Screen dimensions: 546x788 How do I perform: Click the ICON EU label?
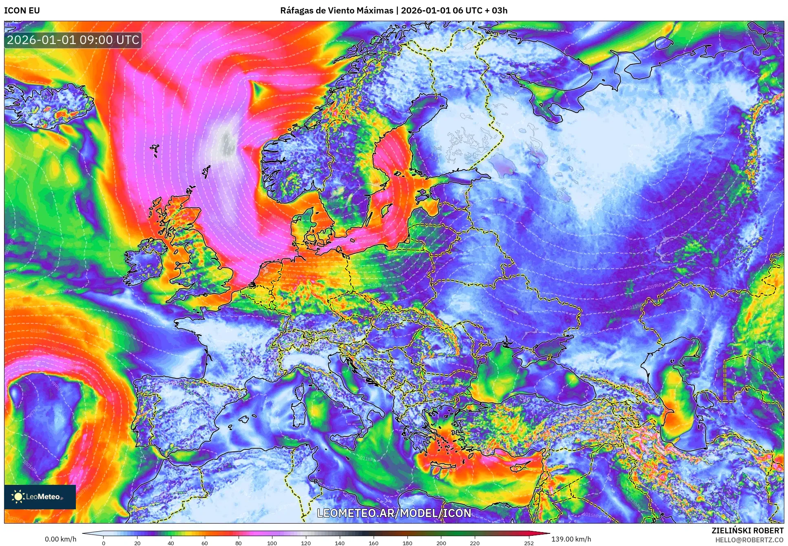(x=22, y=11)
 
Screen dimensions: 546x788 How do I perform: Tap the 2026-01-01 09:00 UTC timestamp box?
(x=73, y=40)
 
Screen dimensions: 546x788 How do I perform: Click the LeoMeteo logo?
(x=40, y=497)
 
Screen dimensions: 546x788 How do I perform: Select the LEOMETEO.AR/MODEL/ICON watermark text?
(x=394, y=513)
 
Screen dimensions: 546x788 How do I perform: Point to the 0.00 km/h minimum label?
(x=60, y=539)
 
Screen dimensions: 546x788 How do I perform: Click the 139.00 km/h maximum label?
(x=571, y=539)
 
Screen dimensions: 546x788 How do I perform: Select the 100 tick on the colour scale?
(x=272, y=543)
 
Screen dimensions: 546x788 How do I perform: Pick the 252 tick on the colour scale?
(x=529, y=543)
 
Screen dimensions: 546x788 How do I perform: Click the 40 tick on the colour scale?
(x=171, y=543)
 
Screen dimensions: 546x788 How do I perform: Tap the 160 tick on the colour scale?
(x=373, y=543)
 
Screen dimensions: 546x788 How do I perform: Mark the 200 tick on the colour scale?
(x=441, y=543)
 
